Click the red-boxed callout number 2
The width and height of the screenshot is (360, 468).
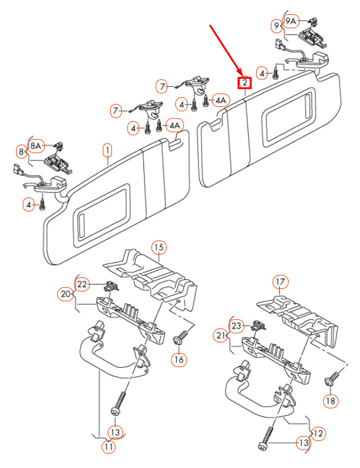244,82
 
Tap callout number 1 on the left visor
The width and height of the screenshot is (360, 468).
107,151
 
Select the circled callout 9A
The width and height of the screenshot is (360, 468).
290,21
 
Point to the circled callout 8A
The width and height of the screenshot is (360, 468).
36,146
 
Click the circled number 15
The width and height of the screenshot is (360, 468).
159,247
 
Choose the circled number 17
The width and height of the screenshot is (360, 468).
281,282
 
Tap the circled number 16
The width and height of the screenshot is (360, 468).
178,359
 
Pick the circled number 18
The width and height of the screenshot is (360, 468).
330,400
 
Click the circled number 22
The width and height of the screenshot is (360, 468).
82,284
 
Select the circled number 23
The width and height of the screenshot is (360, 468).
236,325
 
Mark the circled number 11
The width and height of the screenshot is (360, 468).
108,447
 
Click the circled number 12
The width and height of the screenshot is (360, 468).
318,433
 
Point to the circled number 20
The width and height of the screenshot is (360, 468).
65,294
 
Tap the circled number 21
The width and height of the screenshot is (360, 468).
220,336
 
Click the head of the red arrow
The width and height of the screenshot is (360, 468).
241,74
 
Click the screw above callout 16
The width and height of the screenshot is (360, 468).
180,337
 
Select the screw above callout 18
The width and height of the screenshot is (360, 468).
332,378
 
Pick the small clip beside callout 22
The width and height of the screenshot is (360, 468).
111,286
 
